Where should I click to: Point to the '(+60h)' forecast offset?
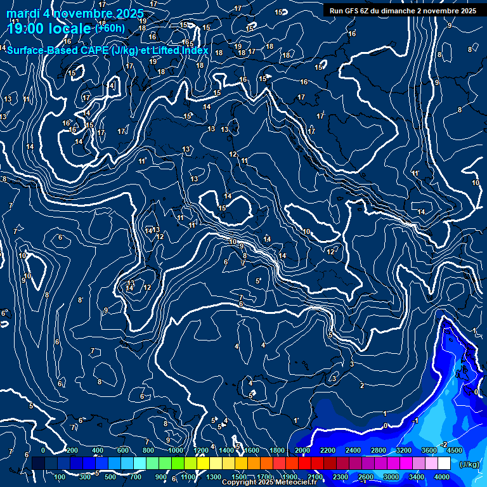pos(110,29)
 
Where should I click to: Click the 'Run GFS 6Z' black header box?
pos(403,11)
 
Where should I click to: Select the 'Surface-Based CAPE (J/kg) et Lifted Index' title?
pos(107,50)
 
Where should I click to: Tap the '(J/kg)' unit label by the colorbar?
pos(469,464)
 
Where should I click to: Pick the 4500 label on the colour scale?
pos(454,450)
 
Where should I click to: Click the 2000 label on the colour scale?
pos(302,450)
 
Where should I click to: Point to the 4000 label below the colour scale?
pos(442,477)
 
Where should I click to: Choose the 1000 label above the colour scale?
pos(176,450)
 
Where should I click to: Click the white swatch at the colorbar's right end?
pos(444,464)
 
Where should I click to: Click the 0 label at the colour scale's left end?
pos(43,450)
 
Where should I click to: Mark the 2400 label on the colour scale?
pos(353,450)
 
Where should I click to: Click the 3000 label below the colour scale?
pos(391,477)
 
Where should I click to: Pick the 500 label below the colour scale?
pos(110,477)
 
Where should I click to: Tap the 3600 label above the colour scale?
pos(429,450)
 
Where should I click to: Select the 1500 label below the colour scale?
pos(239,477)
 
